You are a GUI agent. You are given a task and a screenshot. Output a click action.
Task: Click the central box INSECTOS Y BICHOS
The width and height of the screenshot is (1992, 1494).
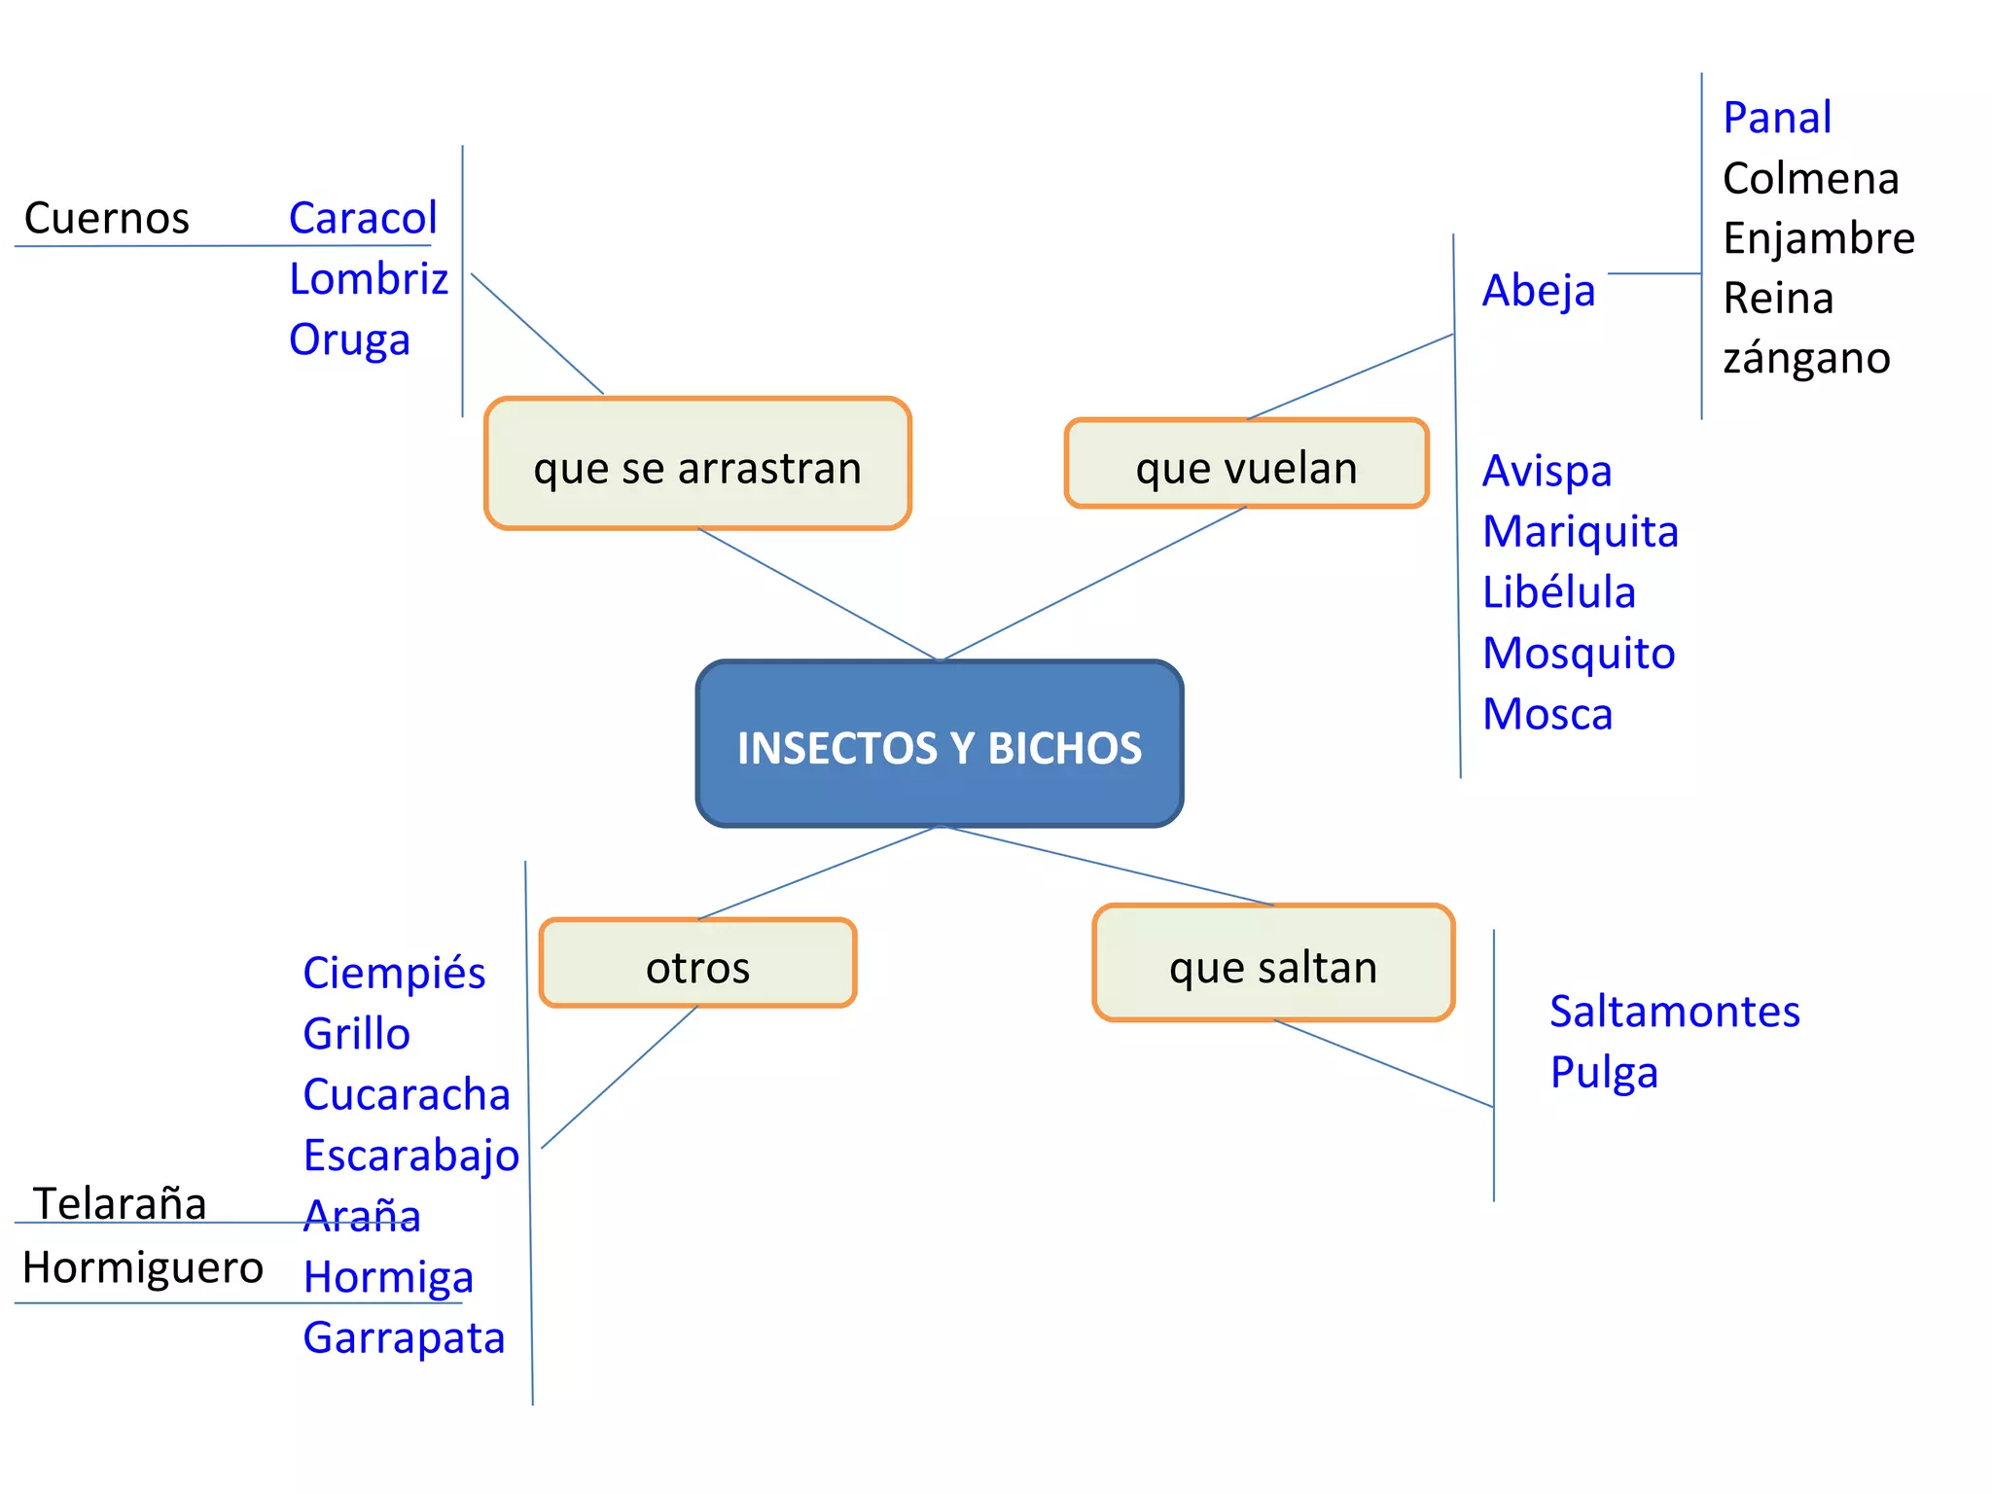tap(940, 745)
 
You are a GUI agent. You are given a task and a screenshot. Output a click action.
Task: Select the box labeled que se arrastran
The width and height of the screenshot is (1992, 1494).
tap(697, 465)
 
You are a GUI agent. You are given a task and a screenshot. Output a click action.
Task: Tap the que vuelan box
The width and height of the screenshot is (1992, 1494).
tap(1246, 465)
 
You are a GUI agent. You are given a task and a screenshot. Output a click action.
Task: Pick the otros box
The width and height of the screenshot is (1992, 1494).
tap(697, 964)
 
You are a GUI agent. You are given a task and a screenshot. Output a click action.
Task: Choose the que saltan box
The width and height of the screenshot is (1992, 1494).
tap(1273, 964)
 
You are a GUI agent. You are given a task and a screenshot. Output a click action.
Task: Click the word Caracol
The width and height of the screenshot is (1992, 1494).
tap(363, 218)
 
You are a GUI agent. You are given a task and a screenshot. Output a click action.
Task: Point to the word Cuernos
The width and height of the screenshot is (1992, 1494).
tap(107, 218)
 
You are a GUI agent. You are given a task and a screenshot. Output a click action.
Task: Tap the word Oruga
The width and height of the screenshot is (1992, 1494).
tap(349, 339)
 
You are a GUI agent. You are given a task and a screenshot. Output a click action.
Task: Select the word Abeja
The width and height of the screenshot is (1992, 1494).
tap(1539, 290)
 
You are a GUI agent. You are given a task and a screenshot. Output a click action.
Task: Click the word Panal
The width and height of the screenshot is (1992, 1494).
tap(1777, 118)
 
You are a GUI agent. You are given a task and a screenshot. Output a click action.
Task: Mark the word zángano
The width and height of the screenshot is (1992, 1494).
tap(1806, 358)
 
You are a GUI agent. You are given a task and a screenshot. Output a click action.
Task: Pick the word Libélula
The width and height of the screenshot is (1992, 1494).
tap(1559, 592)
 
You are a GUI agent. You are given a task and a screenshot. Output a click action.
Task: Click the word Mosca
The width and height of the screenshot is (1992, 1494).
tap(1547, 714)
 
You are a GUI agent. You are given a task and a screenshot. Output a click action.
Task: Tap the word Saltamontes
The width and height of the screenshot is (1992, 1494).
tap(1675, 1012)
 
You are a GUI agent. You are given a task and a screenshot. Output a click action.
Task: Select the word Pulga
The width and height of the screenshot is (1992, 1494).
tap(1604, 1072)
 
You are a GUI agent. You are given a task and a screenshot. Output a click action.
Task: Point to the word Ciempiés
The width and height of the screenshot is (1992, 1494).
tap(394, 973)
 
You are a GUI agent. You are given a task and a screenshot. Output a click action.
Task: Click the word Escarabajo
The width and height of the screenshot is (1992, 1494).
tap(411, 1156)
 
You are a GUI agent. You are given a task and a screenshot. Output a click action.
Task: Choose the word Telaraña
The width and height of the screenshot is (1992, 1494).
tap(120, 1203)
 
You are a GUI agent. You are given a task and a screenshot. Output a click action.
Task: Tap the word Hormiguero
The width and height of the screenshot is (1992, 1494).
tap(143, 1267)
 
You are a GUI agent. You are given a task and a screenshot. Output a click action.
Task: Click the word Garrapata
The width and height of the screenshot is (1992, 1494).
tap(404, 1337)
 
